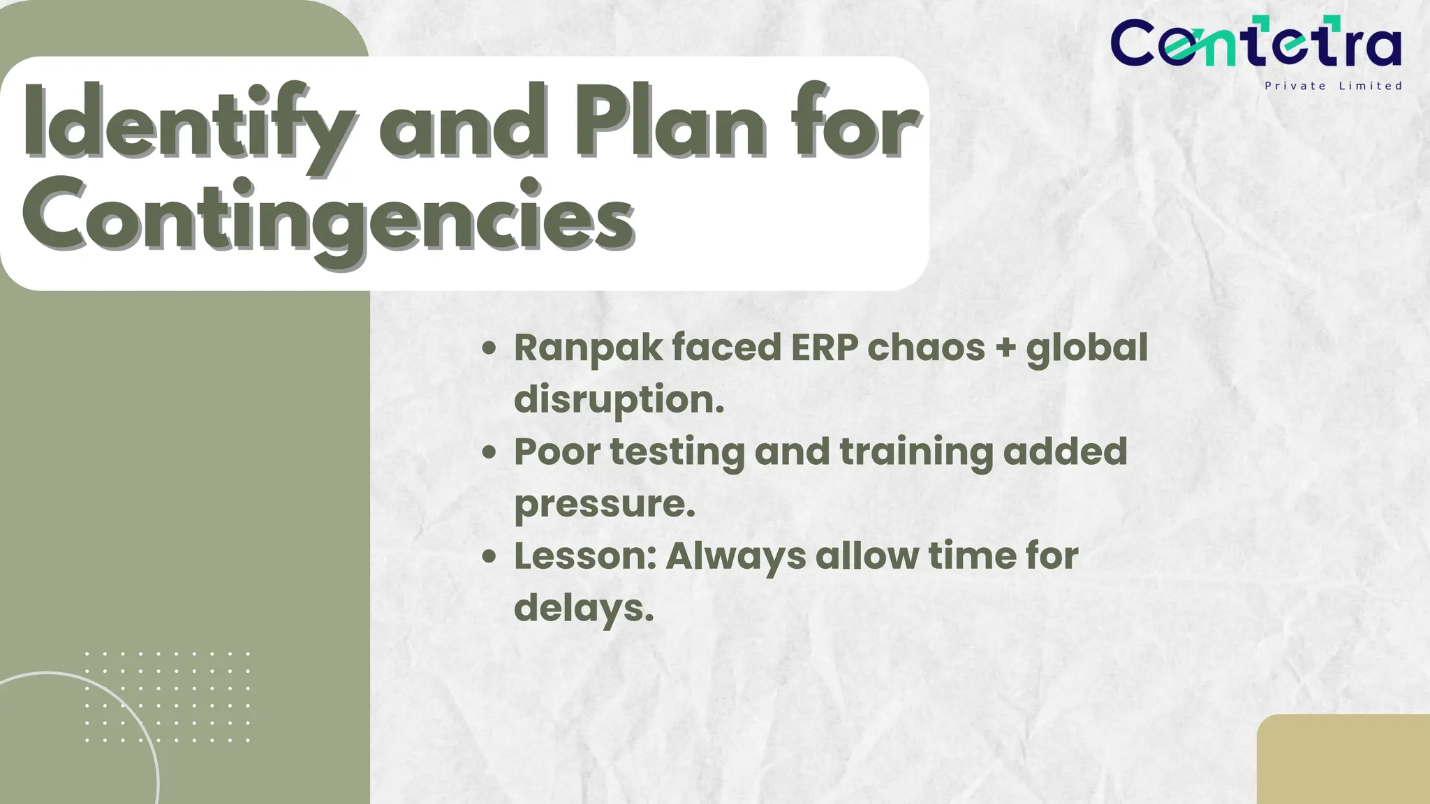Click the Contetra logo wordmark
point(1255,43)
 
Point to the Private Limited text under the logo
point(1333,86)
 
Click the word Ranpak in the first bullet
point(588,348)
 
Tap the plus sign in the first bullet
point(1005,348)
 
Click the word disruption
point(619,400)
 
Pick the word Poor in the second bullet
point(556,452)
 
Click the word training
point(915,452)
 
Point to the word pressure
point(605,504)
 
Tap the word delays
point(584,608)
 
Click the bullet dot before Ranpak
point(489,348)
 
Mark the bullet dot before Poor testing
point(489,452)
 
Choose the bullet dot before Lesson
point(489,556)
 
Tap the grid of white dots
point(168,697)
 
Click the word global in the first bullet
point(1086,348)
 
